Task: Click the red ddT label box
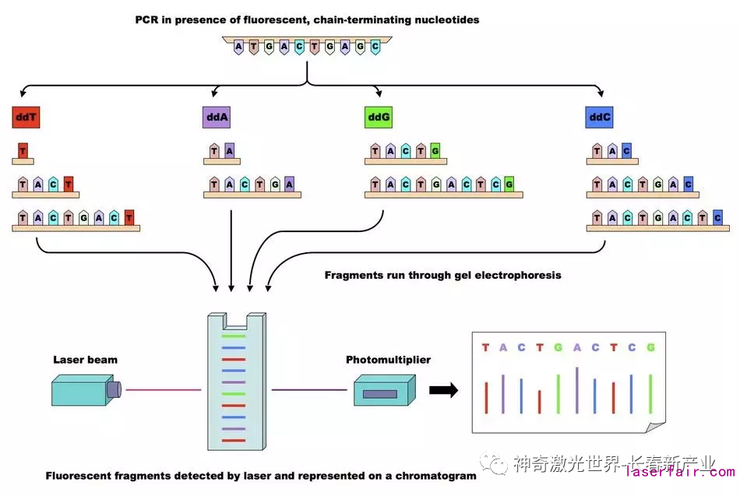click(26, 118)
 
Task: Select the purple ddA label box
click(216, 118)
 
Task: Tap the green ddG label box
click(378, 118)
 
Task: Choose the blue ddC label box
click(599, 118)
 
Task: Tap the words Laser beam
click(85, 360)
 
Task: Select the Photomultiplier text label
click(388, 360)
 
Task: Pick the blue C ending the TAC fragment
click(627, 151)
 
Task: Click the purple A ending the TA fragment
click(229, 151)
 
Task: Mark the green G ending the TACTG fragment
click(435, 151)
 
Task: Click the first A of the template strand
click(238, 47)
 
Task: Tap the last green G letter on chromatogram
click(650, 347)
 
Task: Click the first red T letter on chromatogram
click(485, 347)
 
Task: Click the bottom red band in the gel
click(234, 441)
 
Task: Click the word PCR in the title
click(147, 19)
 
